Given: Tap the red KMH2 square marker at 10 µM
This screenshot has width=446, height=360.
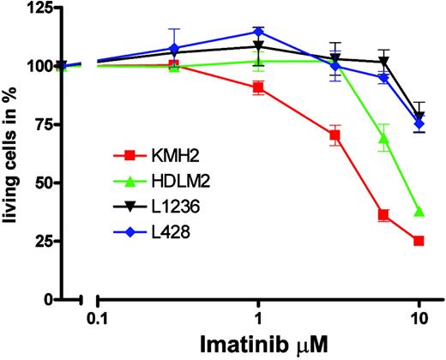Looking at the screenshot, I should point(419,241).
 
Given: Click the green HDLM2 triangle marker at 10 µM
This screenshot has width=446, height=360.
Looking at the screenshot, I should point(419,211).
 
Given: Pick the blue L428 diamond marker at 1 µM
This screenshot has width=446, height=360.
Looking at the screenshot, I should point(258,32).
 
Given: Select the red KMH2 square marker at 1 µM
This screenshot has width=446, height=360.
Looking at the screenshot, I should point(258,87).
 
